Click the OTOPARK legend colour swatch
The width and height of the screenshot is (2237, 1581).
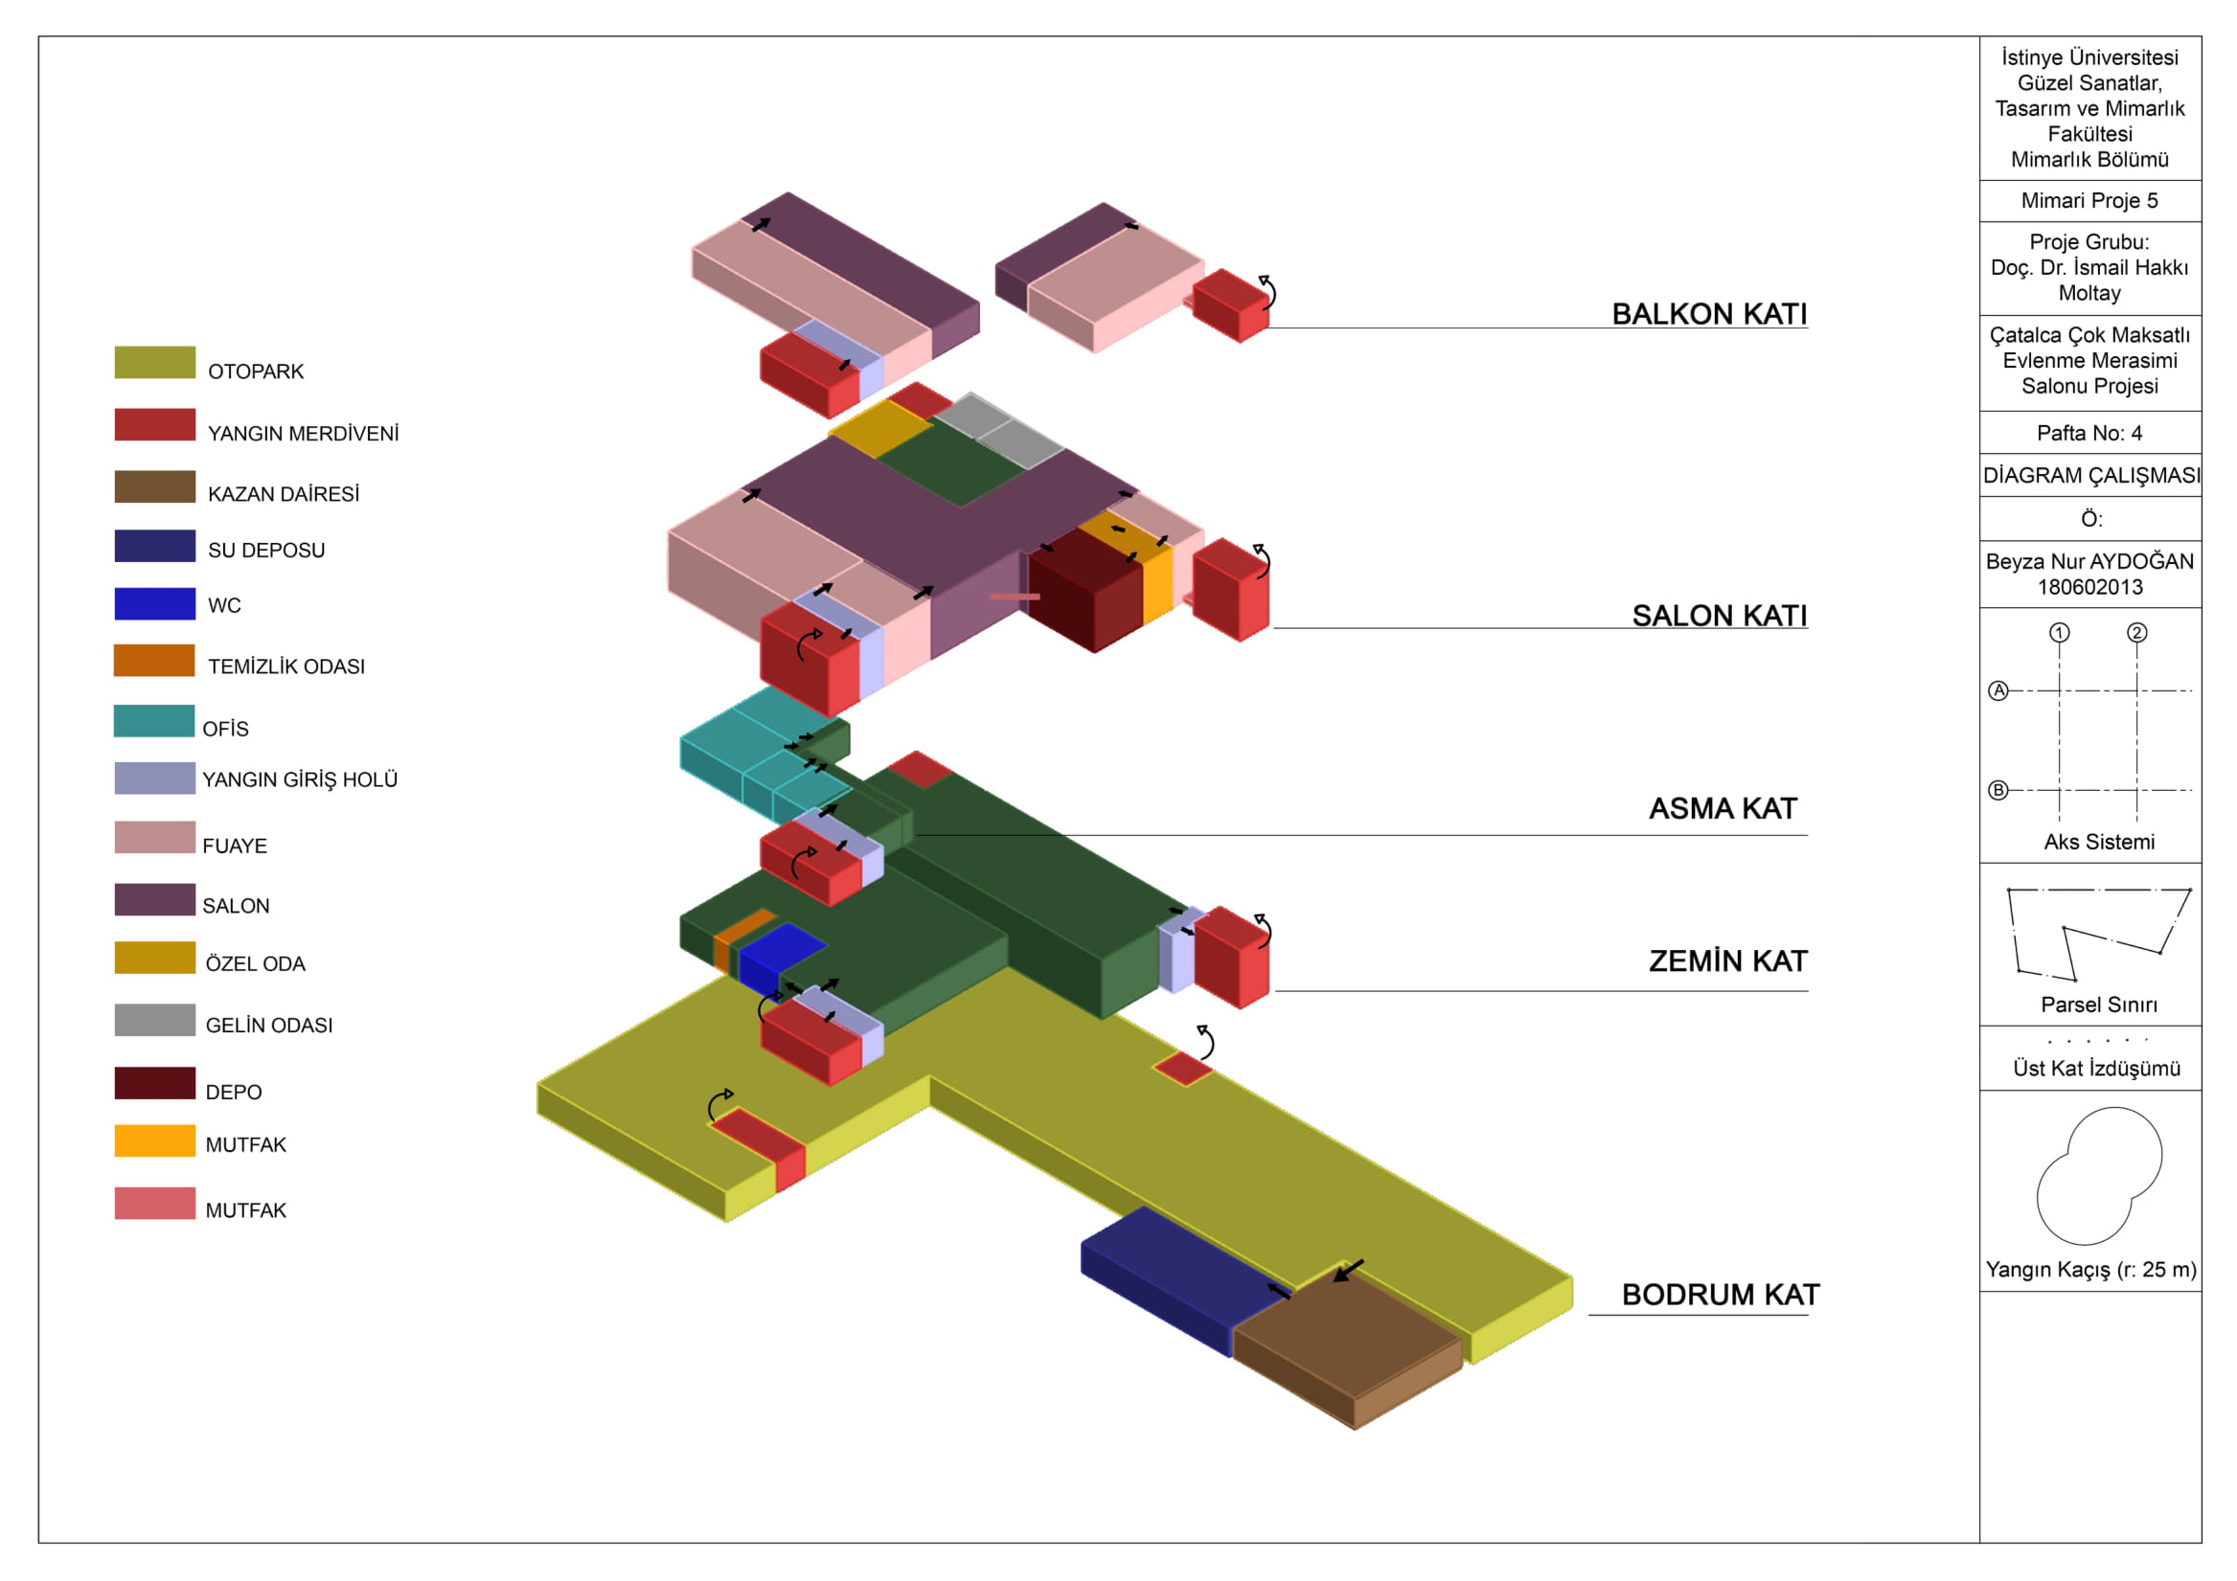click(154, 362)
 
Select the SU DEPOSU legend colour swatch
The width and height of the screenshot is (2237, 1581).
click(154, 546)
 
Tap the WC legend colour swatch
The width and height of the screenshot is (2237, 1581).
click(154, 603)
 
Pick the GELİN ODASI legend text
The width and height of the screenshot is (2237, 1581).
click(269, 1025)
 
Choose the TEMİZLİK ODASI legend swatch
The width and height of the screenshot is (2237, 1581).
click(154, 661)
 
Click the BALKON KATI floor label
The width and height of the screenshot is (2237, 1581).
click(1709, 314)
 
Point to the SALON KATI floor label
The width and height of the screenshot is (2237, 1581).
click(1719, 616)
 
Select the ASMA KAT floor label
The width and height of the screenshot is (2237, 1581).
click(1723, 808)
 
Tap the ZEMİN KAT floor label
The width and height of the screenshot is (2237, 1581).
click(1727, 961)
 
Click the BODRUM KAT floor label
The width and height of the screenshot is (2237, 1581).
click(1720, 1295)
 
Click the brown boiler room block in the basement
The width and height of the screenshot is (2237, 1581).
click(1350, 1340)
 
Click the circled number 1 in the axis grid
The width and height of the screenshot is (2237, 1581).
click(2059, 632)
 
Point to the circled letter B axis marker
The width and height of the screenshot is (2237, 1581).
click(1998, 790)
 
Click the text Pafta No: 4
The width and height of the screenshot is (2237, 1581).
click(2089, 433)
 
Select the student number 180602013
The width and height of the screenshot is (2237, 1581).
click(2089, 587)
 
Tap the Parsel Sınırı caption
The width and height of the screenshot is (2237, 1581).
click(2099, 1005)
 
